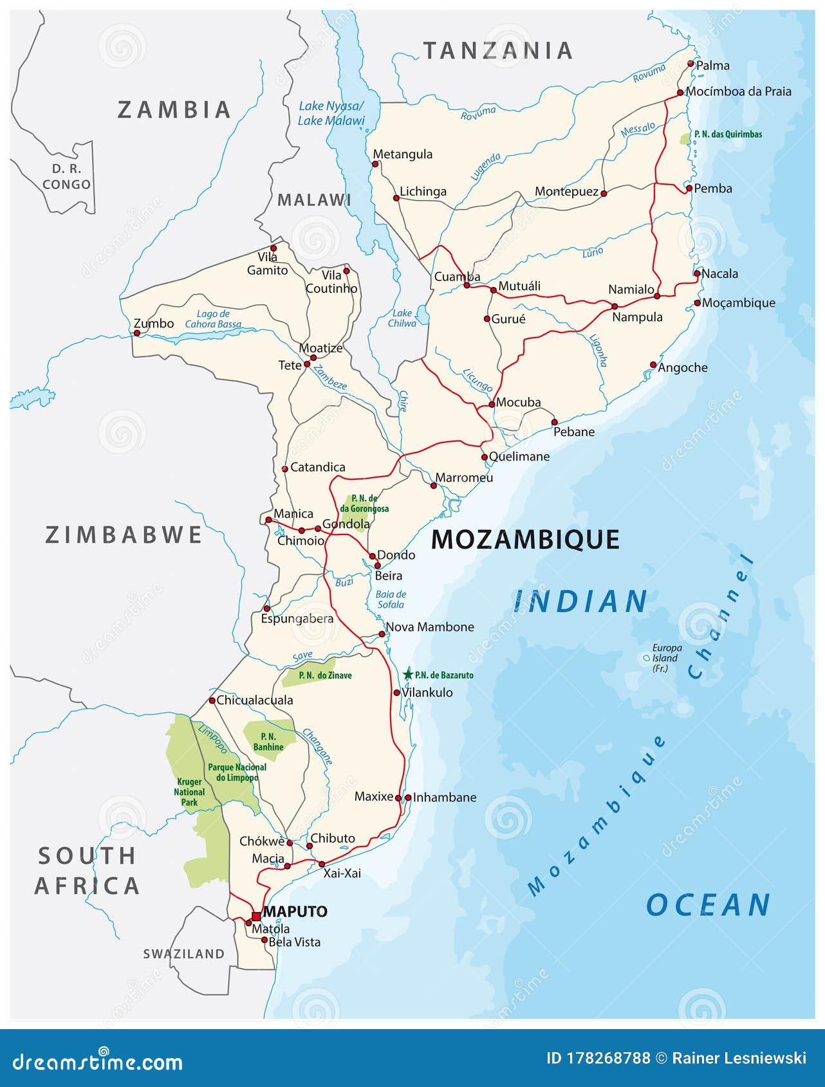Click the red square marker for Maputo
tap(256, 916)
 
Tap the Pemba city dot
tap(689, 188)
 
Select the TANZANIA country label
tap(497, 51)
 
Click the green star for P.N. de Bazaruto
tap(408, 675)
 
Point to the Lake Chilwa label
tap(402, 318)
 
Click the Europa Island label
tap(666, 658)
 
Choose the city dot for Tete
tap(307, 364)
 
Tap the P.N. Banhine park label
tap(268, 742)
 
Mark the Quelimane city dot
tap(485, 457)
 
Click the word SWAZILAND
tap(184, 954)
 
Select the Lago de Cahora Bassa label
tap(213, 319)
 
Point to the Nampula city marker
tap(615, 306)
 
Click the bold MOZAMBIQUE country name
tap(524, 540)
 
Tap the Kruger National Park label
tap(189, 792)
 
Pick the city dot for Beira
tap(378, 565)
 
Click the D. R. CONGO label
tap(66, 177)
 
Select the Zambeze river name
tap(329, 381)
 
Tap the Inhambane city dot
tap(408, 798)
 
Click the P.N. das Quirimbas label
tap(728, 134)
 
